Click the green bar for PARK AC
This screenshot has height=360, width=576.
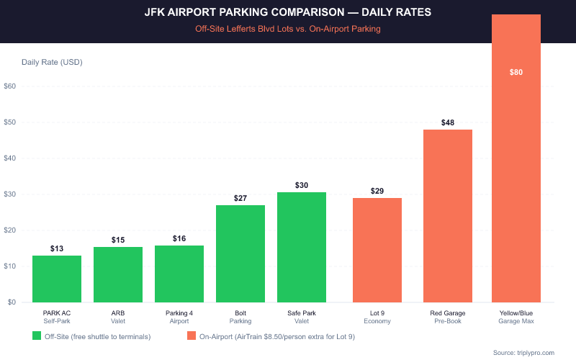click(57, 279)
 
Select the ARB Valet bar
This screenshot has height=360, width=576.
click(118, 274)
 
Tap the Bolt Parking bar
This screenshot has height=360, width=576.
click(240, 253)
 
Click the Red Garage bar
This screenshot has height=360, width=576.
click(448, 216)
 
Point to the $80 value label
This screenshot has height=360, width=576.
click(516, 72)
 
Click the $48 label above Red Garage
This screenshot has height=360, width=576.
click(448, 122)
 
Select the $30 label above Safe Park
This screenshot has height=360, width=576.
click(302, 185)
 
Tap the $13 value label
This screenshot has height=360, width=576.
click(57, 248)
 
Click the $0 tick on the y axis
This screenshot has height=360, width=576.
click(12, 302)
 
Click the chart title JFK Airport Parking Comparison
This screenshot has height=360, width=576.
click(288, 14)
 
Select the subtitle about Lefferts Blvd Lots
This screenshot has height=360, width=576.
click(288, 30)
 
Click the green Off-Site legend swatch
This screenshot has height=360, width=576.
click(37, 336)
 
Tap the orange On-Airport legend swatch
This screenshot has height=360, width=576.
click(192, 336)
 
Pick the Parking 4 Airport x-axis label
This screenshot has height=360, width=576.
click(179, 318)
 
